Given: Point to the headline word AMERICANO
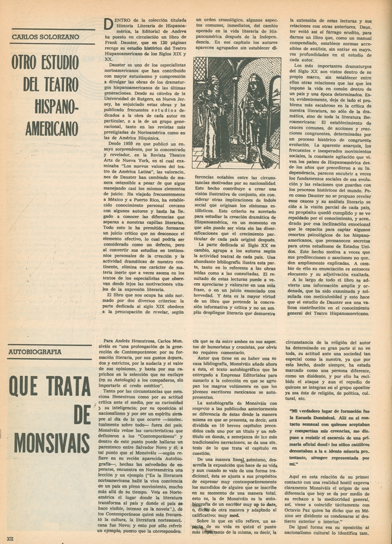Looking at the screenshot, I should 52,128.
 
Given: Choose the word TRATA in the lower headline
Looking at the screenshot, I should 68,387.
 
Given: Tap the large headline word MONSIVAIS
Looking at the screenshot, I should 52,443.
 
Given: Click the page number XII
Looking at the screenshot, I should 10,538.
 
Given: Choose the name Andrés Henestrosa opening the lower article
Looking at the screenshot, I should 135,341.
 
